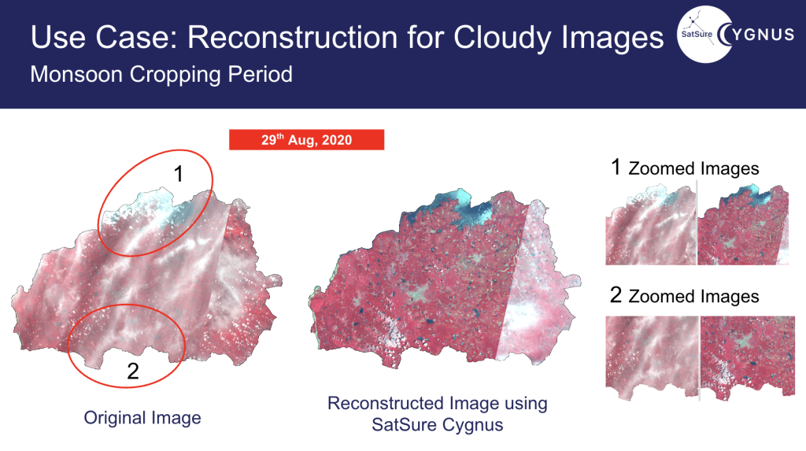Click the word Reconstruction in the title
point(293,37)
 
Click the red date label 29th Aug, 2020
point(306,140)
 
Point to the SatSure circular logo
point(704,35)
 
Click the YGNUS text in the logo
point(763,35)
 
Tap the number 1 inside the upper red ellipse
point(179,174)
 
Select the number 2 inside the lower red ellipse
point(132,371)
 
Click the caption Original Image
point(142,418)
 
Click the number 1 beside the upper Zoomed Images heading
point(616,167)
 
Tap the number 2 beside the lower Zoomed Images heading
point(616,295)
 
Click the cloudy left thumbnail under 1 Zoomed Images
point(650,225)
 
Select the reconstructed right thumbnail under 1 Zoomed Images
point(743,225)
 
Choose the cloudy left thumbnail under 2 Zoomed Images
point(652,358)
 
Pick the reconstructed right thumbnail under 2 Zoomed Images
point(748,358)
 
